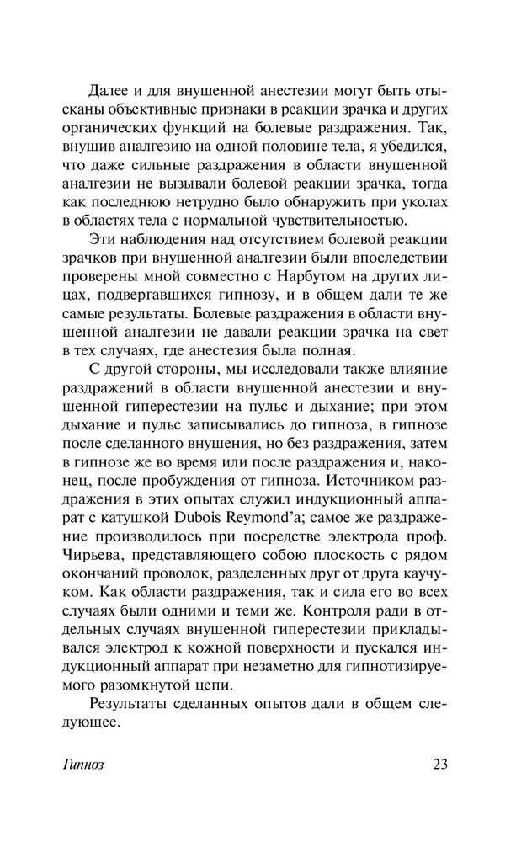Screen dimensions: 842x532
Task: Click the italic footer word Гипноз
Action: coord(82,765)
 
